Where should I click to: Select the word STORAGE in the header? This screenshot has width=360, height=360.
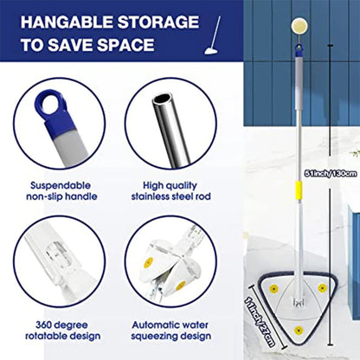coord(160,20)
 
